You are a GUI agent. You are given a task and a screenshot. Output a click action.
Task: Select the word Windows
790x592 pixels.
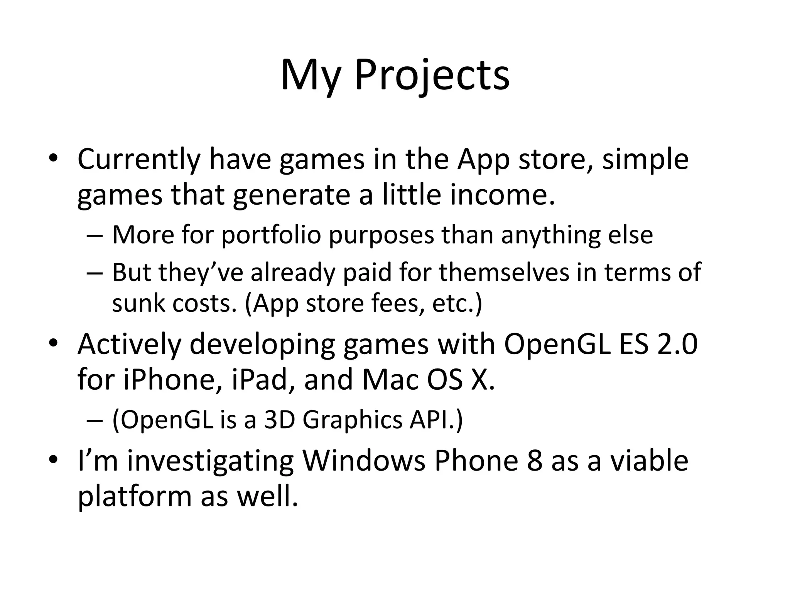[363, 461]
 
